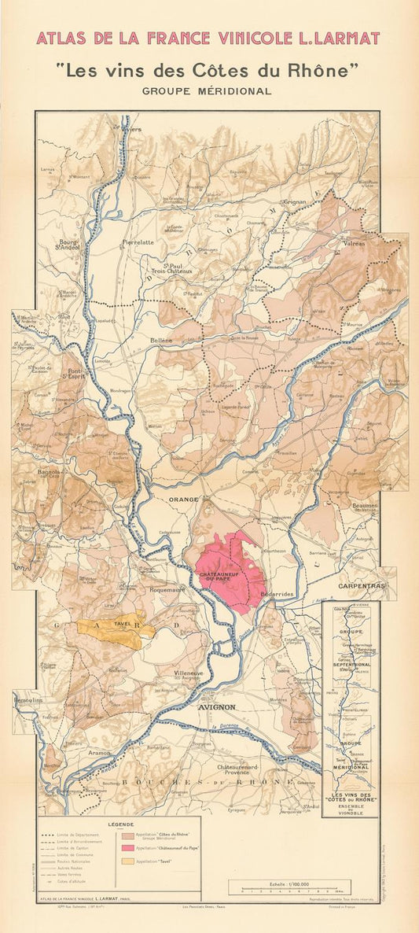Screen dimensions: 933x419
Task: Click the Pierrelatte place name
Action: click(x=138, y=242)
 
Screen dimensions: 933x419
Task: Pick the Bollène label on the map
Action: click(x=161, y=340)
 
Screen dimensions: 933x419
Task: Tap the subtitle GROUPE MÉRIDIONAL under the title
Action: click(x=206, y=90)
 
